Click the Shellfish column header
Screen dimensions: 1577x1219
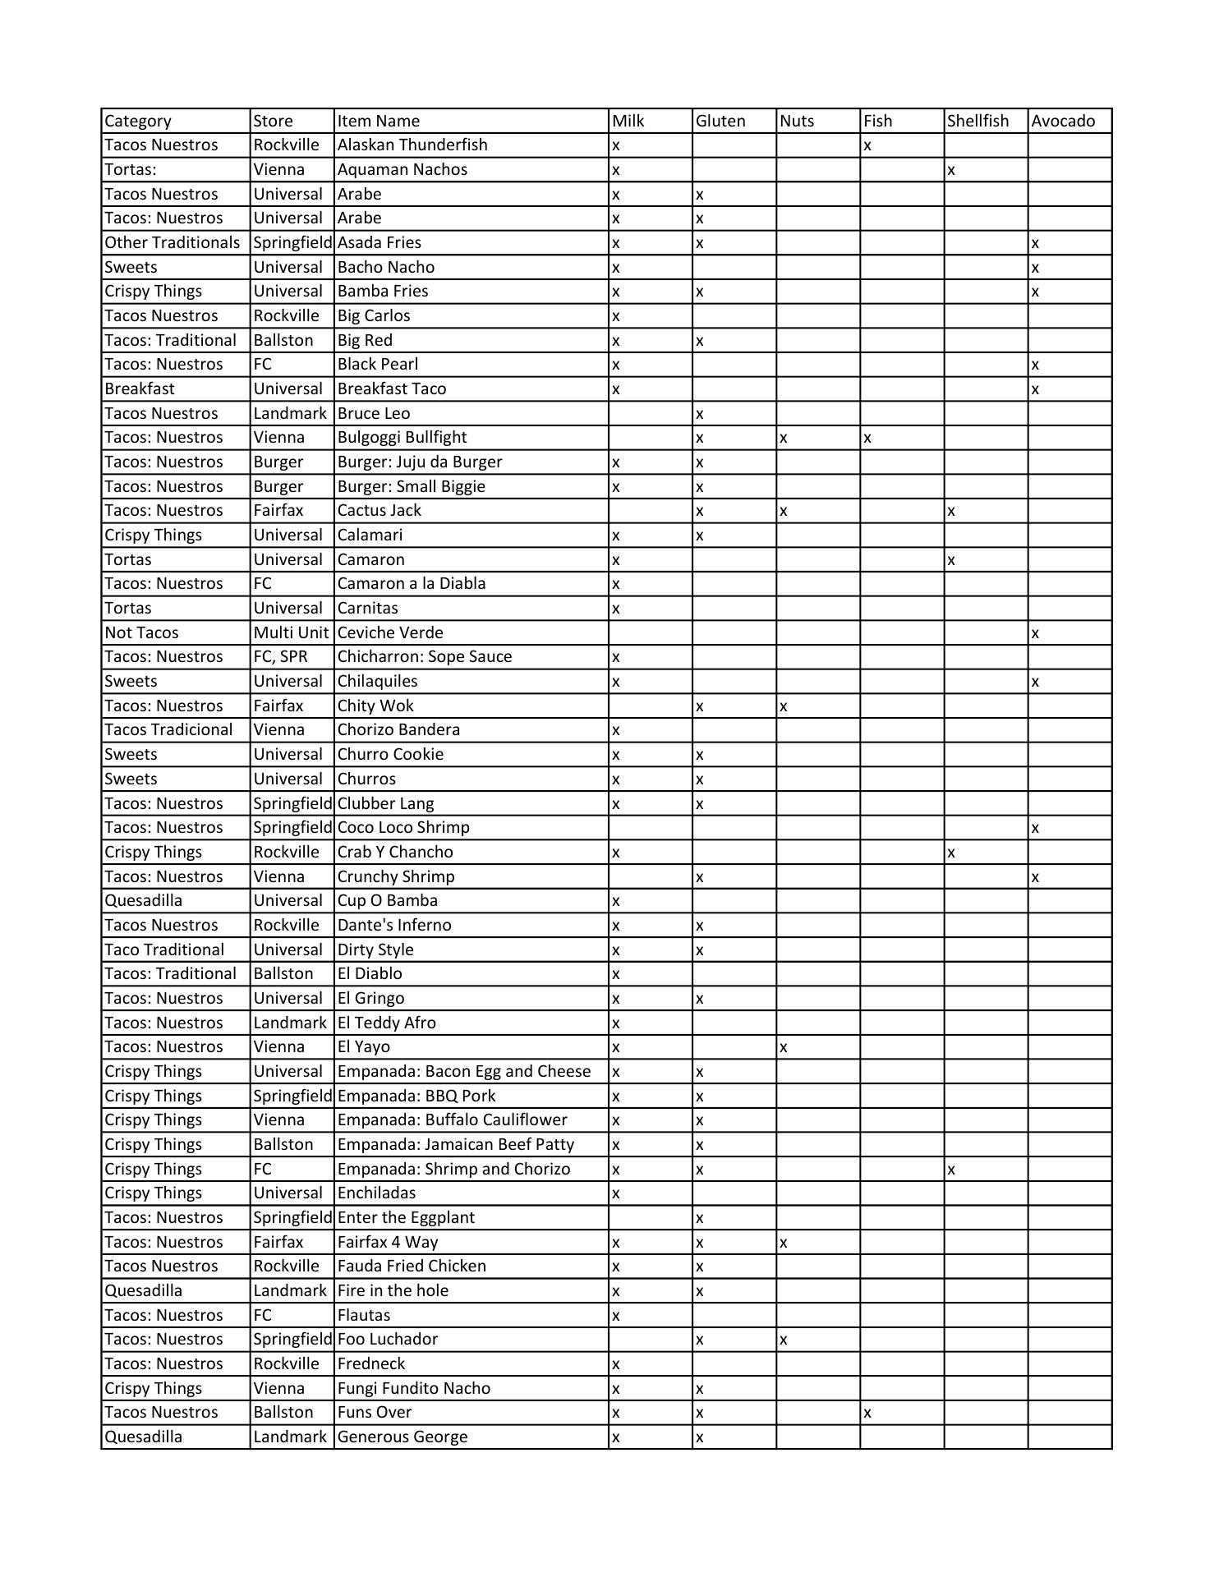pos(977,121)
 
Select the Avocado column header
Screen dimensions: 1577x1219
pos(1063,121)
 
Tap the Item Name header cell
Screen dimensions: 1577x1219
pos(379,121)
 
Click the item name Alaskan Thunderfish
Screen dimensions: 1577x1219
pos(412,145)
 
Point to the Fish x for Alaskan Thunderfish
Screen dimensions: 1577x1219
pos(867,146)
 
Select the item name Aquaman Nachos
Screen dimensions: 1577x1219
pos(402,170)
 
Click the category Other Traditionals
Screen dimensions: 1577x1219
pos(172,243)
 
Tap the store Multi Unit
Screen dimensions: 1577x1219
pos(291,632)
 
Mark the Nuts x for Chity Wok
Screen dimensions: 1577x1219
pos(784,706)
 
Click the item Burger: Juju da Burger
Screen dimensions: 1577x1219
pos(420,462)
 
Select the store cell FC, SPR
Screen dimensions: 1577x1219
pos(280,657)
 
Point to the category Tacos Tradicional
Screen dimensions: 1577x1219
pos(169,730)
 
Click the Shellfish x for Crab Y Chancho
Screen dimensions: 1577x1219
pos(951,853)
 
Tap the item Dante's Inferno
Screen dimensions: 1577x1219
pos(394,926)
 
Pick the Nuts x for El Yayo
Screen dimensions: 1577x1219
pos(784,1048)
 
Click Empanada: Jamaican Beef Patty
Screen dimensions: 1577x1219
pos(456,1145)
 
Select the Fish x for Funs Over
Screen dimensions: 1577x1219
pos(867,1414)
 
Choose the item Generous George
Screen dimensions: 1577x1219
pos(402,1437)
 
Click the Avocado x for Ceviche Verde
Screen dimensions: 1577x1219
pos(1035,633)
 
